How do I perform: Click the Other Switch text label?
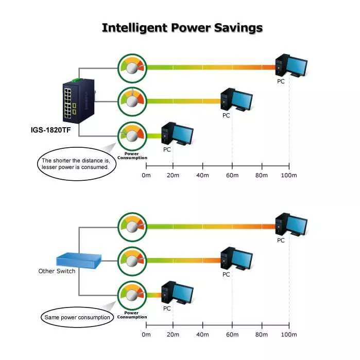click(57, 271)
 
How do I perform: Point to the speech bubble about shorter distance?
click(76, 163)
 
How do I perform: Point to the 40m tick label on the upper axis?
click(203, 176)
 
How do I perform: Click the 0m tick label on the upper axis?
click(146, 176)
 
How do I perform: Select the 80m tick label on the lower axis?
click(262, 335)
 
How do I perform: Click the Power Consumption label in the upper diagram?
click(132, 156)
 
